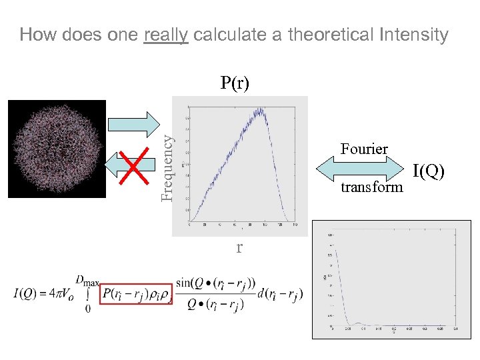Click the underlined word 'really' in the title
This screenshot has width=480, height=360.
tap(167, 35)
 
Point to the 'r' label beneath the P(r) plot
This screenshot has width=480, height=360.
tap(239, 248)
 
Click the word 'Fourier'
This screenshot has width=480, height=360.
tap(364, 149)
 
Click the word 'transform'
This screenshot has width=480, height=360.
tap(372, 187)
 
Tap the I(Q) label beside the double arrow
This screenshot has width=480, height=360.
tap(428, 171)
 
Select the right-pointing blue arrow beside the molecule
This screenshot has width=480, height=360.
tap(133, 123)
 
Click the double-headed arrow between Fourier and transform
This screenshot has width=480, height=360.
tap(363, 168)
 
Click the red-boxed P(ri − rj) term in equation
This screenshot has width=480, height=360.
tap(137, 293)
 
